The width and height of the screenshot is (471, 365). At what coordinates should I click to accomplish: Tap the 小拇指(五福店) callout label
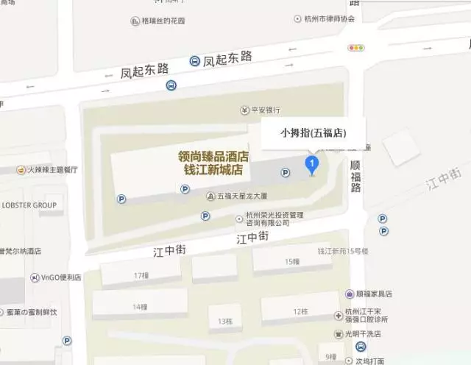point(313,133)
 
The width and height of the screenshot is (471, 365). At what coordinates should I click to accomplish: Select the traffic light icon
point(357,48)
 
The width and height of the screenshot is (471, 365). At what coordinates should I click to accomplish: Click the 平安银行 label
point(262,110)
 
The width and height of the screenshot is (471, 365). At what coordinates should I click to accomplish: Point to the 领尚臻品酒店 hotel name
point(213,157)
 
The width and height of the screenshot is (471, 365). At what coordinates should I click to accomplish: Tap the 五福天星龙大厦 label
point(242,196)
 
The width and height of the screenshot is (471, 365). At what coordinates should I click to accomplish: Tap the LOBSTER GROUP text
point(29,205)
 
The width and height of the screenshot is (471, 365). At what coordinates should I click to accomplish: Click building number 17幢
point(141,275)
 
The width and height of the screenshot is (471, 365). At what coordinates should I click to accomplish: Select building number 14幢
point(140,306)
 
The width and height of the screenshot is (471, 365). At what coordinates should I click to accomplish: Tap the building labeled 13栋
point(224,322)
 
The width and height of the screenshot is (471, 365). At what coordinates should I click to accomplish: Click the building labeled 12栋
point(300,311)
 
